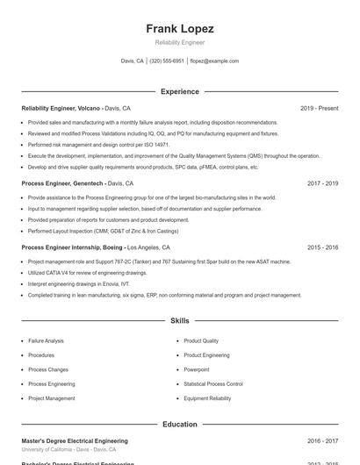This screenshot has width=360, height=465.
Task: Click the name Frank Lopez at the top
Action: (x=180, y=29)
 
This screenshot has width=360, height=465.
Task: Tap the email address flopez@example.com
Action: (x=214, y=61)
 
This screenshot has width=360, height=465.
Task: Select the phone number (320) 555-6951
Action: (x=167, y=61)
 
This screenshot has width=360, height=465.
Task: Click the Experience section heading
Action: (x=180, y=91)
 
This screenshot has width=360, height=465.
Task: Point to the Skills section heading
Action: (x=180, y=321)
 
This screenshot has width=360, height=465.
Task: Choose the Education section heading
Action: (x=180, y=424)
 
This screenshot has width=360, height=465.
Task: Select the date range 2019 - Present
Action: (x=319, y=108)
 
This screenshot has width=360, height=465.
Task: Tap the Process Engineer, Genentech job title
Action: (x=63, y=184)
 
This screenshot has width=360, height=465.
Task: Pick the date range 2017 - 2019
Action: (x=322, y=184)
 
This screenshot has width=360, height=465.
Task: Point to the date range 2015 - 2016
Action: (x=322, y=247)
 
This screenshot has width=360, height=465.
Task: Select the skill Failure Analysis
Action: (x=46, y=340)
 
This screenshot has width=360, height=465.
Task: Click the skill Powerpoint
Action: (x=197, y=369)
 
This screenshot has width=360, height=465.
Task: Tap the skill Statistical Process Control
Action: (x=213, y=384)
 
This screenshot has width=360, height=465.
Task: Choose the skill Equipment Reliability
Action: (x=207, y=398)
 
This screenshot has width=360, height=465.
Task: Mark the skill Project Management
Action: (x=51, y=398)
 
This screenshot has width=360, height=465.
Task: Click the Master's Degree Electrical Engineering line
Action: (x=75, y=440)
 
